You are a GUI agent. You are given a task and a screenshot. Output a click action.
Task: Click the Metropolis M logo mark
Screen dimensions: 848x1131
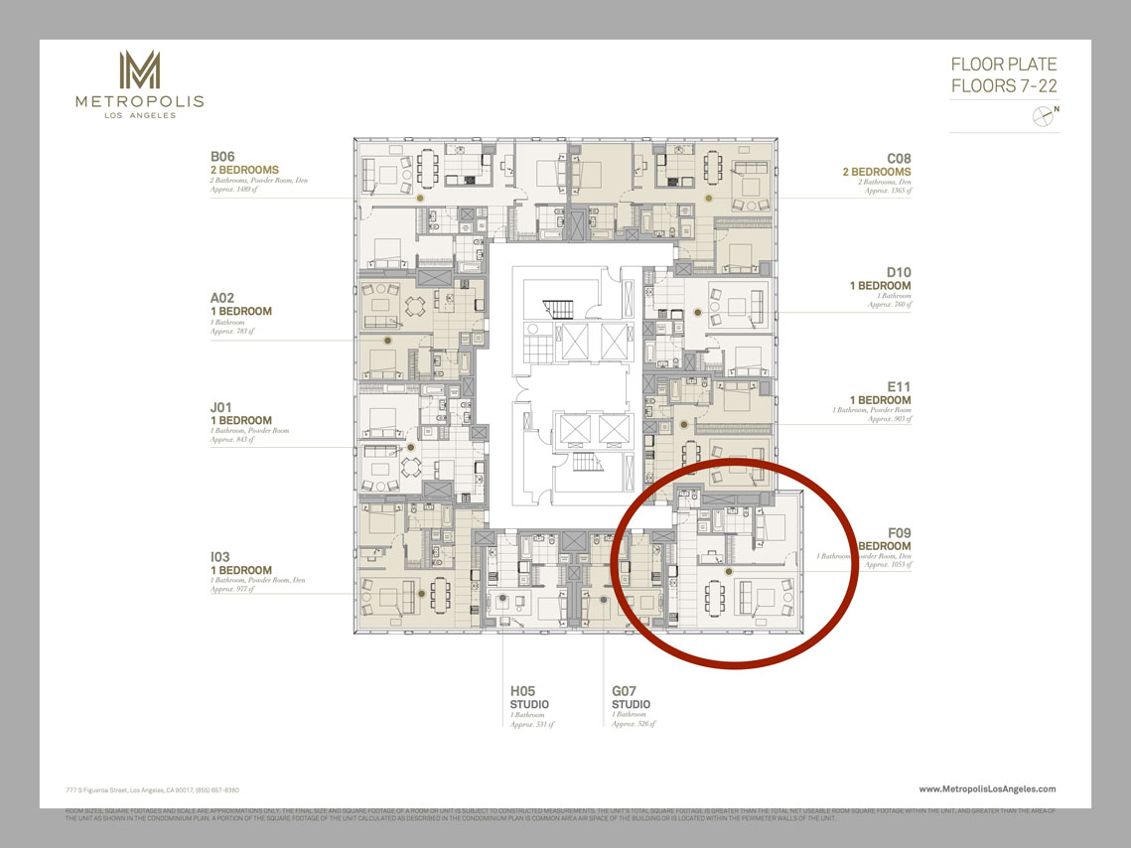pyautogui.click(x=139, y=70)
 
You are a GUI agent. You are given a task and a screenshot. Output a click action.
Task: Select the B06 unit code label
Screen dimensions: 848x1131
pyautogui.click(x=221, y=157)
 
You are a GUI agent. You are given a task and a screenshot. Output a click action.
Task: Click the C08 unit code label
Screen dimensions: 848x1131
pyautogui.click(x=899, y=158)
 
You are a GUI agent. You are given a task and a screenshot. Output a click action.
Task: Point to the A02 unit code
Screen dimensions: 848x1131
pyautogui.click(x=221, y=297)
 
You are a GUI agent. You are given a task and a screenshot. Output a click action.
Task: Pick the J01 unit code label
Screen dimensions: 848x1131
pyautogui.click(x=220, y=406)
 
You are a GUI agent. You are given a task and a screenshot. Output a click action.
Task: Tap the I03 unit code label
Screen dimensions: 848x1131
pyautogui.click(x=220, y=557)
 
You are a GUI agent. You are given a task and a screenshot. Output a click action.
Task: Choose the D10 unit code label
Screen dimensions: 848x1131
pyautogui.click(x=899, y=272)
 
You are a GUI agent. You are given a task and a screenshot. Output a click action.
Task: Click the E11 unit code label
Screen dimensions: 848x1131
pyautogui.click(x=900, y=386)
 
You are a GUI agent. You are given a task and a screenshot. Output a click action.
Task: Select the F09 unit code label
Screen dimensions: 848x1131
pyautogui.click(x=898, y=533)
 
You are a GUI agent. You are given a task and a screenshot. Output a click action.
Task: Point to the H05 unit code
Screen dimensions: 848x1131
pyautogui.click(x=523, y=691)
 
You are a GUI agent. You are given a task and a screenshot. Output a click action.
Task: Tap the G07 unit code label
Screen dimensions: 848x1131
pyautogui.click(x=625, y=691)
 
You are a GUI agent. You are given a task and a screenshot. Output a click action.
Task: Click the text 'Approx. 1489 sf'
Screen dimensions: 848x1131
pyautogui.click(x=232, y=190)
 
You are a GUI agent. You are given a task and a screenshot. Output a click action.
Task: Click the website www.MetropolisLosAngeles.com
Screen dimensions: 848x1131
pyautogui.click(x=987, y=789)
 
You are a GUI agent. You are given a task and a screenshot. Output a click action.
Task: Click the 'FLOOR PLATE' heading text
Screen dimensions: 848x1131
pyautogui.click(x=1004, y=65)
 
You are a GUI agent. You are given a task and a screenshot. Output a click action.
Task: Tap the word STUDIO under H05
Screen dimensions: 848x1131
pyautogui.click(x=529, y=704)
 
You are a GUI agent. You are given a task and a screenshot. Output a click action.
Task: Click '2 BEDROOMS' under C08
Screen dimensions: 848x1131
pyautogui.click(x=876, y=172)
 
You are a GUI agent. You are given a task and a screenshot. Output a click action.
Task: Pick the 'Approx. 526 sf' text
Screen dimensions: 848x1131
pyautogui.click(x=633, y=724)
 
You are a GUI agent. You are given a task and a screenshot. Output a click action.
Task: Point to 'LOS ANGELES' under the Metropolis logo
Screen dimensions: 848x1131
pyautogui.click(x=140, y=115)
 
